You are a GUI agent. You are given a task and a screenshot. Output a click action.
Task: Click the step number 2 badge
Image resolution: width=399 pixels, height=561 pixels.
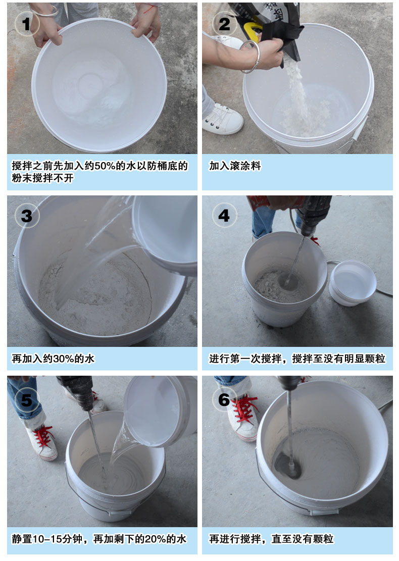point(224,23)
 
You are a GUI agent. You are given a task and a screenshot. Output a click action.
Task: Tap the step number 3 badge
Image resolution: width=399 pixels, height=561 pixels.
point(26,217)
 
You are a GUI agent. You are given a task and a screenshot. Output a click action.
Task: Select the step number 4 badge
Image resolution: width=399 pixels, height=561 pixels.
point(224,216)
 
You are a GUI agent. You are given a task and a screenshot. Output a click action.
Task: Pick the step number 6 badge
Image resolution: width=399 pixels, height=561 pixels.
point(224,400)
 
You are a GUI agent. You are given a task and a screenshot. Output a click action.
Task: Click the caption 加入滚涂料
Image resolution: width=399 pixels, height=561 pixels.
point(235,166)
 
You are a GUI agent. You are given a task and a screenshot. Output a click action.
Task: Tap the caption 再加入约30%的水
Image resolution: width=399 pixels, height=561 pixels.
point(53,359)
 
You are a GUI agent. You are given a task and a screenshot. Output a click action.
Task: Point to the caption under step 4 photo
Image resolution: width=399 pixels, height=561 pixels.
point(297,359)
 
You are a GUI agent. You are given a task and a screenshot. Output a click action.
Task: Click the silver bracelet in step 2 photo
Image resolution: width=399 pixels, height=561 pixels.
point(250,57)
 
